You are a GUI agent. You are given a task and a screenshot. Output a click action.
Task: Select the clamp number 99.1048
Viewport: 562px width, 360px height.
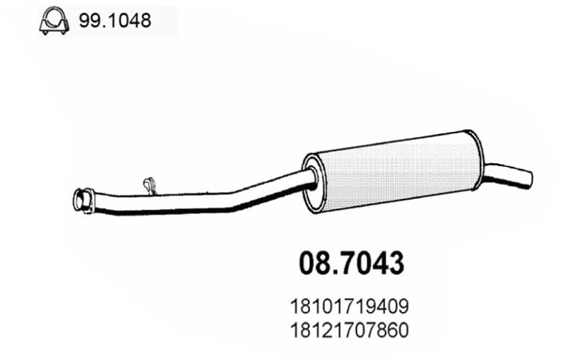(115, 21)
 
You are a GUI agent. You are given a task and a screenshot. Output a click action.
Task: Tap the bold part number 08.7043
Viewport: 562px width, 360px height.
(351, 263)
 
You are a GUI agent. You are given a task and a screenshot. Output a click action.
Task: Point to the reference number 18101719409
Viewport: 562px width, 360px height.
(349, 307)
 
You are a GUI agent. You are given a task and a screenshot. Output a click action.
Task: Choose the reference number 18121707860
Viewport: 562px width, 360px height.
(349, 330)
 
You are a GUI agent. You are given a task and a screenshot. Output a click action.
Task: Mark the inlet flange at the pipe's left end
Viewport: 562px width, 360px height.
(82, 202)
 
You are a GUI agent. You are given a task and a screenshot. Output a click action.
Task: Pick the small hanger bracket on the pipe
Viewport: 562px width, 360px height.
(150, 186)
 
